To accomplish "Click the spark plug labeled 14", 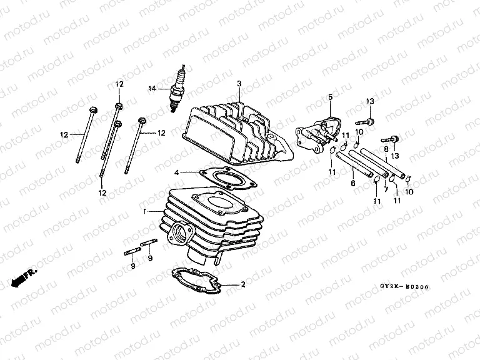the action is click(x=179, y=90).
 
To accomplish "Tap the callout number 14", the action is click(x=151, y=88).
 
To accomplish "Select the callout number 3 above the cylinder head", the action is click(x=239, y=83).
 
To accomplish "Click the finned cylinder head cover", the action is click(x=234, y=131).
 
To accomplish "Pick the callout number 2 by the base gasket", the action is click(x=242, y=284).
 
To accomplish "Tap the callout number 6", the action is click(x=353, y=184).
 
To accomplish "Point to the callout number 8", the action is click(x=386, y=149).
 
